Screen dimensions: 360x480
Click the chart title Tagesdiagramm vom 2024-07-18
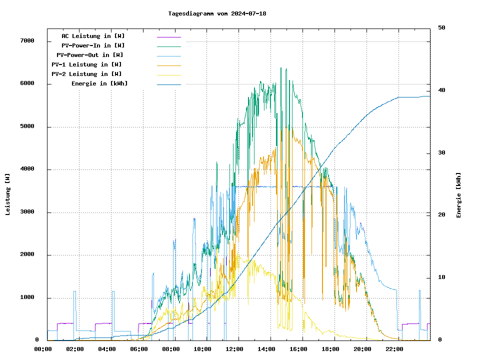click(x=217, y=13)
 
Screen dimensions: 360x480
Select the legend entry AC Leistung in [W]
click(x=93, y=36)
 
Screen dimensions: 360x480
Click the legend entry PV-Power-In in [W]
click(x=96, y=45)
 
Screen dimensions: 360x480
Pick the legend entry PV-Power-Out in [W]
click(x=90, y=55)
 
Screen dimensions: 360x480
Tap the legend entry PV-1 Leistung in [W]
click(x=86, y=64)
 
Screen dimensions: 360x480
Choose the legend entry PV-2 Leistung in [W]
click(x=86, y=74)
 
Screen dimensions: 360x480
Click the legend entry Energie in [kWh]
click(x=99, y=83)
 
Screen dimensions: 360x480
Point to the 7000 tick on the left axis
click(x=26, y=40)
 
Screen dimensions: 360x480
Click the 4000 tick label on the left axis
click(x=26, y=169)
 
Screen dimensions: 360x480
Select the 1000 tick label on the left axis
click(x=26, y=297)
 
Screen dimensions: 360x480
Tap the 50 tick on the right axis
click(x=441, y=28)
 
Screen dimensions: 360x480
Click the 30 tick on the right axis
click(x=441, y=153)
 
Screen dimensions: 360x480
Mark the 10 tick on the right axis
click(x=441, y=277)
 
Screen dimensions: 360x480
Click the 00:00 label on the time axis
click(x=43, y=349)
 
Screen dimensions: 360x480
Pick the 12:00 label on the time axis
click(x=234, y=349)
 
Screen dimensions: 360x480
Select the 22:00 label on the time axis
click(x=394, y=349)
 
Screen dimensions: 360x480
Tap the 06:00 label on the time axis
click(x=139, y=349)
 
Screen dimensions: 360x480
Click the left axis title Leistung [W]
click(x=8, y=194)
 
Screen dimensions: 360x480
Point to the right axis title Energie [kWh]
click(x=458, y=195)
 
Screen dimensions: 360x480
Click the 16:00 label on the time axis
click(x=298, y=349)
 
